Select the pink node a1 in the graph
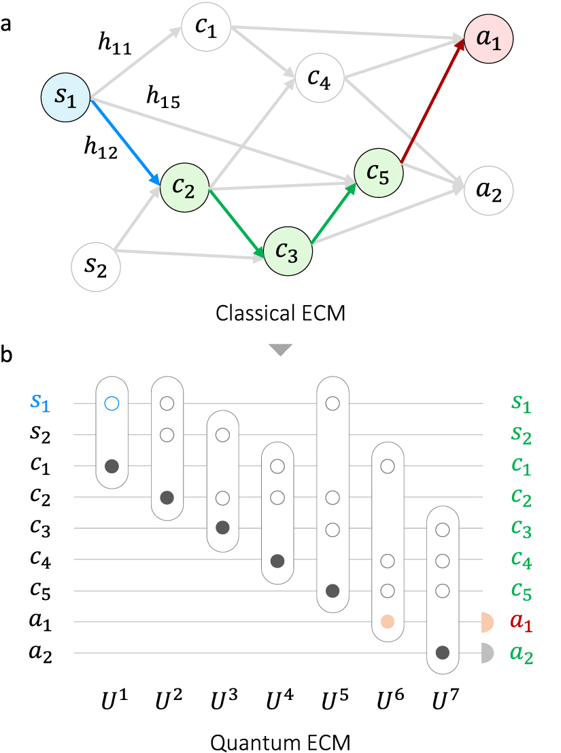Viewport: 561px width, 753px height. coord(488,39)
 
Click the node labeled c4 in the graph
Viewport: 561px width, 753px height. coord(320,77)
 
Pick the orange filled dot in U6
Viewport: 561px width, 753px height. coord(388,622)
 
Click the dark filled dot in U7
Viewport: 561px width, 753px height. coord(443,653)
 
